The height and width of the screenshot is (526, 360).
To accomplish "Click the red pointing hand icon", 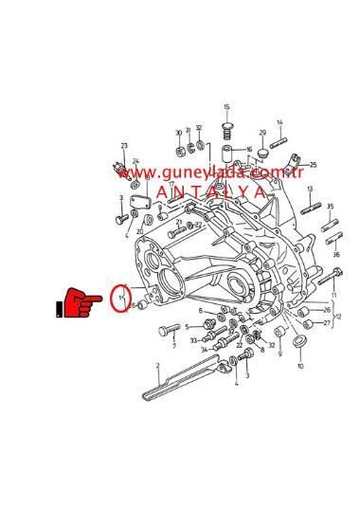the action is pyautogui.click(x=81, y=304).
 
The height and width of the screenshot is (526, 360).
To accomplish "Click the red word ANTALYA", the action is pyautogui.click(x=211, y=191).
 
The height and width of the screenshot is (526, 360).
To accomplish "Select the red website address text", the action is pyautogui.click(x=210, y=172).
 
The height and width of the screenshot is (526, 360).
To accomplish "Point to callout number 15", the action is pyautogui.click(x=227, y=107).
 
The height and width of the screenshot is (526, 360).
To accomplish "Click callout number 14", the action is pyautogui.click(x=280, y=122).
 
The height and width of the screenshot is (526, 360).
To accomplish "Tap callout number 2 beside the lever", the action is pyautogui.click(x=157, y=364).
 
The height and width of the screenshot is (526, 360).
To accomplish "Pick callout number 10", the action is pyautogui.click(x=301, y=366).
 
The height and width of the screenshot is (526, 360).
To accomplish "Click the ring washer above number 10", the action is pyautogui.click(x=299, y=340).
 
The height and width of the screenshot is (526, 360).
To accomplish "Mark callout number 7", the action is pyautogui.click(x=173, y=346).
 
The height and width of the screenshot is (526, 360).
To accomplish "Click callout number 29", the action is pyautogui.click(x=262, y=134).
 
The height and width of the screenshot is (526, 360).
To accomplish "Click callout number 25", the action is pyautogui.click(x=313, y=165).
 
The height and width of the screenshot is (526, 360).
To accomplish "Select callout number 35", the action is pyautogui.click(x=330, y=206).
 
